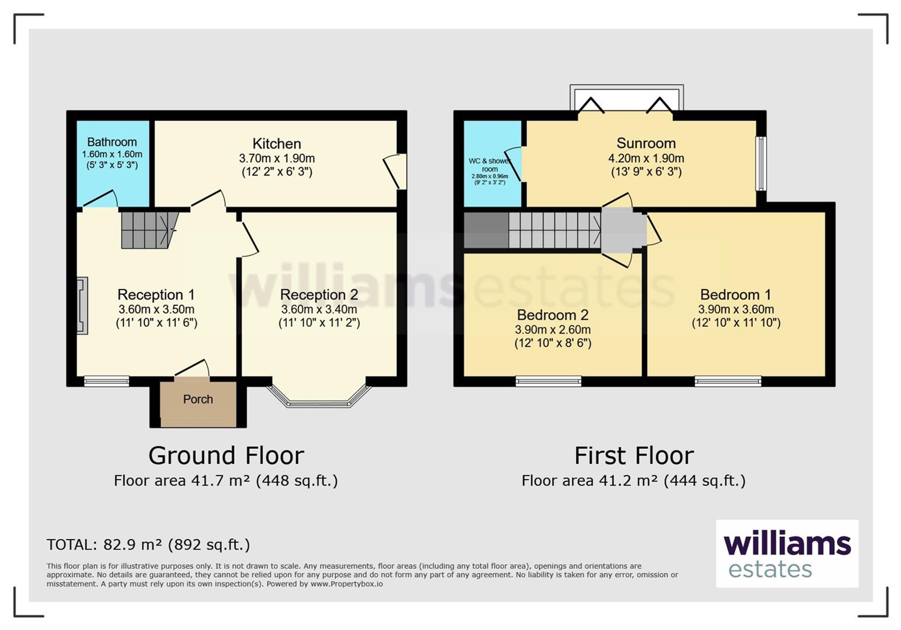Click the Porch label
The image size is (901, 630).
tap(198, 399)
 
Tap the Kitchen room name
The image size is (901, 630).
tap(277, 144)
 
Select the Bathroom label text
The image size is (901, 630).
tap(112, 141)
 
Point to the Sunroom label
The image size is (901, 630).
tap(646, 143)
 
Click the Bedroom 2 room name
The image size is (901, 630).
tap(553, 315)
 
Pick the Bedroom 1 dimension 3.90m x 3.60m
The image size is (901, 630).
tap(736, 309)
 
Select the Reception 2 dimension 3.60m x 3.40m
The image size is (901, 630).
tap(319, 309)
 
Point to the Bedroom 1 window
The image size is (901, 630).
tap(728, 381)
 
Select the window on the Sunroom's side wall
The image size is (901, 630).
tap(761, 164)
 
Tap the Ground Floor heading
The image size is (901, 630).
tap(226, 456)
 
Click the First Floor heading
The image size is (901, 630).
tap(634, 456)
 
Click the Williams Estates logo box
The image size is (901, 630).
tap(787, 553)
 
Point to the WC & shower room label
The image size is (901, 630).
tap(490, 165)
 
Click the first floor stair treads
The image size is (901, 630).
tap(555, 230)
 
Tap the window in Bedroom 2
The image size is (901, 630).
tap(548, 381)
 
